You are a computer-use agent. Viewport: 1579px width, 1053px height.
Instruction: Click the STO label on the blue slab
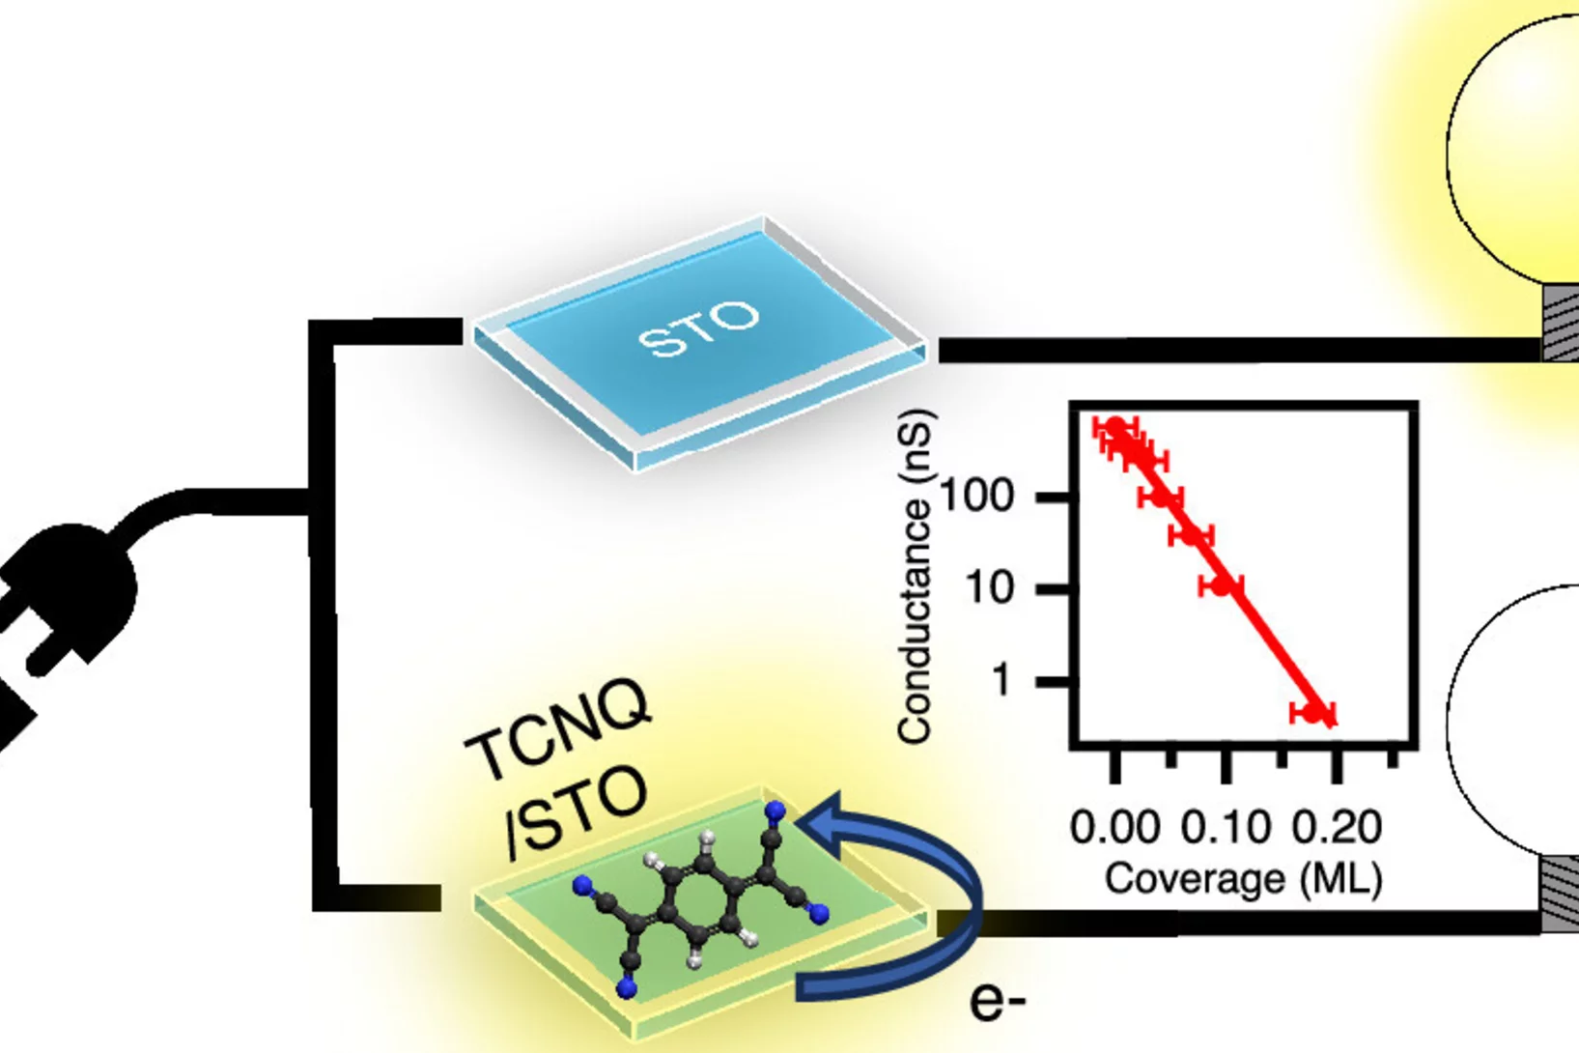(x=699, y=329)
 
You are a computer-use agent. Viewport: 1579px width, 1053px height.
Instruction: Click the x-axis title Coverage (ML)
(x=1243, y=878)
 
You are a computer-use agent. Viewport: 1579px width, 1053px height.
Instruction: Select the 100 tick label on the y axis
(x=976, y=497)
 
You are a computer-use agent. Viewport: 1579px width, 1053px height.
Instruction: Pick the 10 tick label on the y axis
(x=990, y=587)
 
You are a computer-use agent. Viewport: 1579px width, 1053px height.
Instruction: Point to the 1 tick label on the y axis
(x=1001, y=680)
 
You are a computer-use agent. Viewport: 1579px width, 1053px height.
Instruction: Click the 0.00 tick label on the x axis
(x=1114, y=827)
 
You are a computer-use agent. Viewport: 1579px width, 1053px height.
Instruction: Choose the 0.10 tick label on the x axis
(x=1227, y=827)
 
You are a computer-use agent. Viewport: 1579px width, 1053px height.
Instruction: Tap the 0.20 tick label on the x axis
(x=1337, y=827)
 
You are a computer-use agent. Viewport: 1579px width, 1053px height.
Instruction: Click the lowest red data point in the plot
(x=1313, y=713)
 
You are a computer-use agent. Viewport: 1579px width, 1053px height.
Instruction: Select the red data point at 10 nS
(x=1223, y=585)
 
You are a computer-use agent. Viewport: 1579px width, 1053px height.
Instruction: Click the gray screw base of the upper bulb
(x=1560, y=324)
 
